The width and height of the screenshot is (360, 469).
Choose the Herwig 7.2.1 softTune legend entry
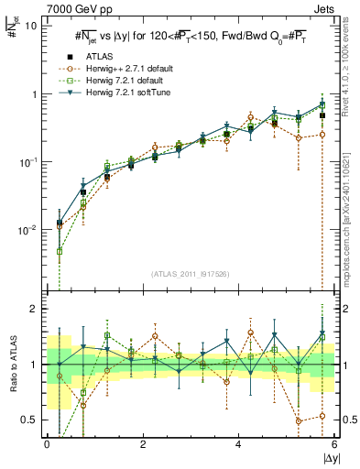pyautogui.click(x=119, y=91)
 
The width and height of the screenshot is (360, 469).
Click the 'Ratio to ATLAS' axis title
pyautogui.click(x=10, y=365)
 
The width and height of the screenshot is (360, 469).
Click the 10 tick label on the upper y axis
pyautogui.click(x=31, y=26)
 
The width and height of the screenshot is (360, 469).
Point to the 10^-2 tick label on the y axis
pyautogui.click(x=27, y=230)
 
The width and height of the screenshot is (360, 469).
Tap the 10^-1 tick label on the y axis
pyautogui.click(x=27, y=162)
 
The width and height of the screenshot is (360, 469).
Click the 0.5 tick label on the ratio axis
pyautogui.click(x=29, y=420)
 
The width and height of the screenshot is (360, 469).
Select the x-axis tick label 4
pyautogui.click(x=238, y=444)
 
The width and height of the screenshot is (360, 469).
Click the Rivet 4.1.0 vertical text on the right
pyautogui.click(x=348, y=73)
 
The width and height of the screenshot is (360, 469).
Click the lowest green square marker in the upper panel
pyautogui.click(x=60, y=251)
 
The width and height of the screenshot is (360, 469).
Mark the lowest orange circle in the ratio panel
pyautogui.click(x=299, y=421)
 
